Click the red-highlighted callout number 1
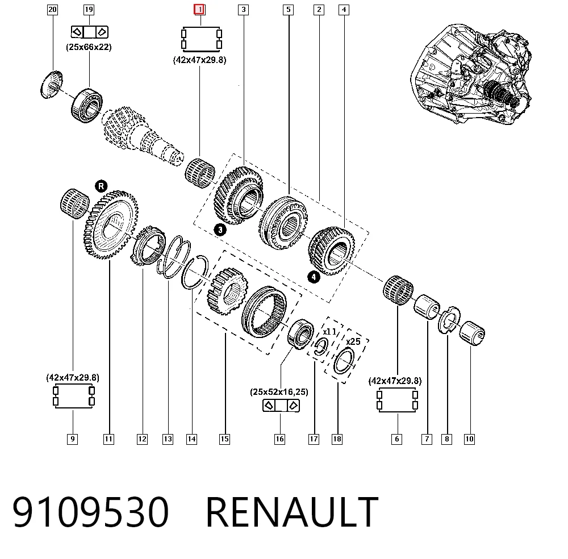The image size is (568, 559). pyautogui.click(x=199, y=10)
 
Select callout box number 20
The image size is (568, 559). pyautogui.click(x=52, y=10)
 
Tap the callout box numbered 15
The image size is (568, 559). pyautogui.click(x=224, y=439)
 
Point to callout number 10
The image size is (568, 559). pyautogui.click(x=469, y=439)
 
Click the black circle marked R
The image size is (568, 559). pyautogui.click(x=101, y=186)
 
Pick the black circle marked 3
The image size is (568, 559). pyautogui.click(x=220, y=230)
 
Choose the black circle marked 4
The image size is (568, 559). pyautogui.click(x=314, y=277)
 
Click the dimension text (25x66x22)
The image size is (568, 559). pyautogui.click(x=89, y=47)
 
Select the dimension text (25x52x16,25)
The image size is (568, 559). pyautogui.click(x=279, y=391)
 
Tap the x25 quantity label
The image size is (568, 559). pyautogui.click(x=353, y=341)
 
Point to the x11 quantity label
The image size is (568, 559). pyautogui.click(x=329, y=332)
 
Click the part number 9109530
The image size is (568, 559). pyautogui.click(x=90, y=512)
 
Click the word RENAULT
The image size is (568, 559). pyautogui.click(x=292, y=512)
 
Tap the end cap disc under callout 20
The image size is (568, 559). pyautogui.click(x=51, y=85)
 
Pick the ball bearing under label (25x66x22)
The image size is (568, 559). pyautogui.click(x=86, y=105)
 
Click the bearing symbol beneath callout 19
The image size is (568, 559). pyautogui.click(x=90, y=32)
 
